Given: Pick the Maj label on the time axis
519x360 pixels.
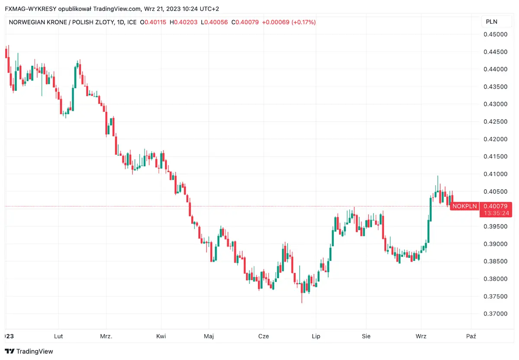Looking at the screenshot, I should [x=209, y=336].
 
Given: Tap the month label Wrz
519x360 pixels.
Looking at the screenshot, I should [x=420, y=336].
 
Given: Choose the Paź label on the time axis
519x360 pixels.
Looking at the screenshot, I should [x=471, y=336].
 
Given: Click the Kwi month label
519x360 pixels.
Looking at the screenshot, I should [x=161, y=336].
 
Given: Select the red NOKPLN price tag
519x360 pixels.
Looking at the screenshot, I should [x=465, y=206].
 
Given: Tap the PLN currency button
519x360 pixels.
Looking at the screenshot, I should [x=492, y=22].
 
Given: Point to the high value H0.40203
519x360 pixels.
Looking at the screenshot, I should [x=184, y=22].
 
